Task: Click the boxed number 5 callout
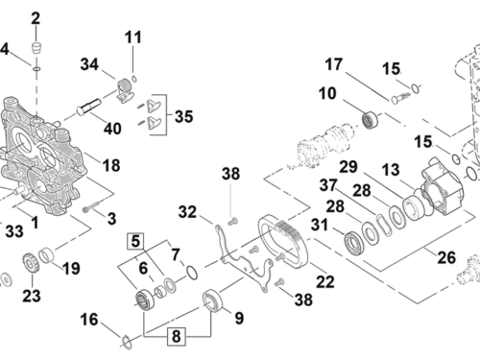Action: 135,241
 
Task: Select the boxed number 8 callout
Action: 177,336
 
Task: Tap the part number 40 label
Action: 112,129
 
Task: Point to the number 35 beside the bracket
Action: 184,116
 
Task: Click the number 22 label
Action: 325,282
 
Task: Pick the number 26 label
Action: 446,257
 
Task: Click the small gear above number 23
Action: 31,263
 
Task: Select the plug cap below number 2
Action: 36,48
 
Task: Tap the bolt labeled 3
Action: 91,206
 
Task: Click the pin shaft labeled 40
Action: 88,107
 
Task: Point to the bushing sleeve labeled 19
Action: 47,255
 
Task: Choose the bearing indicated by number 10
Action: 370,119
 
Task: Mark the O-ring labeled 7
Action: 192,272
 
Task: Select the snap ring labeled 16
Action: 127,342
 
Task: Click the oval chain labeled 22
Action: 283,242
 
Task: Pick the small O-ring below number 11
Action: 134,78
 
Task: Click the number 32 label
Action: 187,212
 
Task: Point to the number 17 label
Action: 334,64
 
